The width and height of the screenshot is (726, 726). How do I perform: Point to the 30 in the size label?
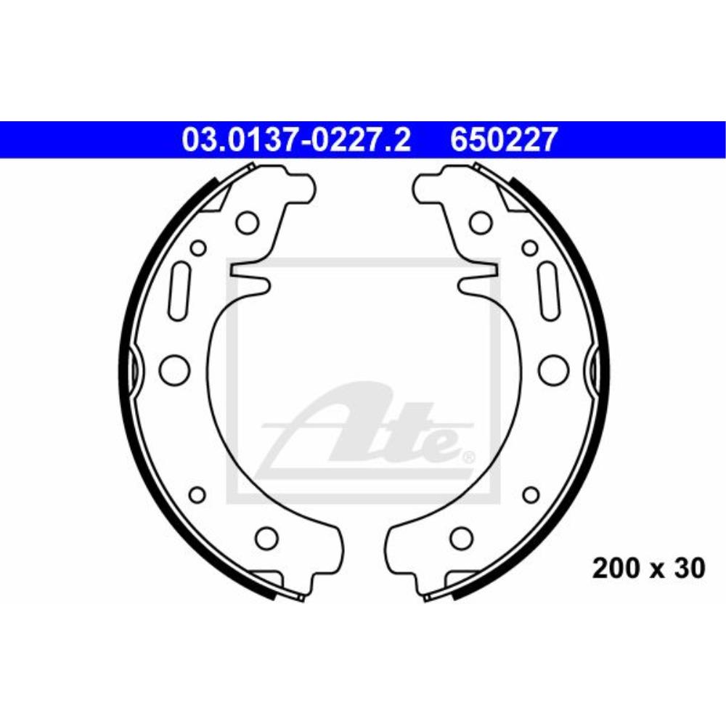[689, 568]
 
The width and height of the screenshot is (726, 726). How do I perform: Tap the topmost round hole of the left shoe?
[248, 221]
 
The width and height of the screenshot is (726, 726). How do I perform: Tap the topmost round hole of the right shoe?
[478, 221]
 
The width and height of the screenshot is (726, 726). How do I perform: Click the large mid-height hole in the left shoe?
[174, 369]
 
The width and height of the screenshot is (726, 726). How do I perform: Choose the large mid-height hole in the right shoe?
[552, 369]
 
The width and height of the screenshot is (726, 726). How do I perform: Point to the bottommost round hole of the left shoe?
[267, 538]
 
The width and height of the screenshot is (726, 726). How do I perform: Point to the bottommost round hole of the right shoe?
[460, 538]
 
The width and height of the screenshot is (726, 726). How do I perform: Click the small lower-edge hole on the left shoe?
[197, 495]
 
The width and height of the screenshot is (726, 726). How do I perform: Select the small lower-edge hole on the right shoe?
[531, 495]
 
